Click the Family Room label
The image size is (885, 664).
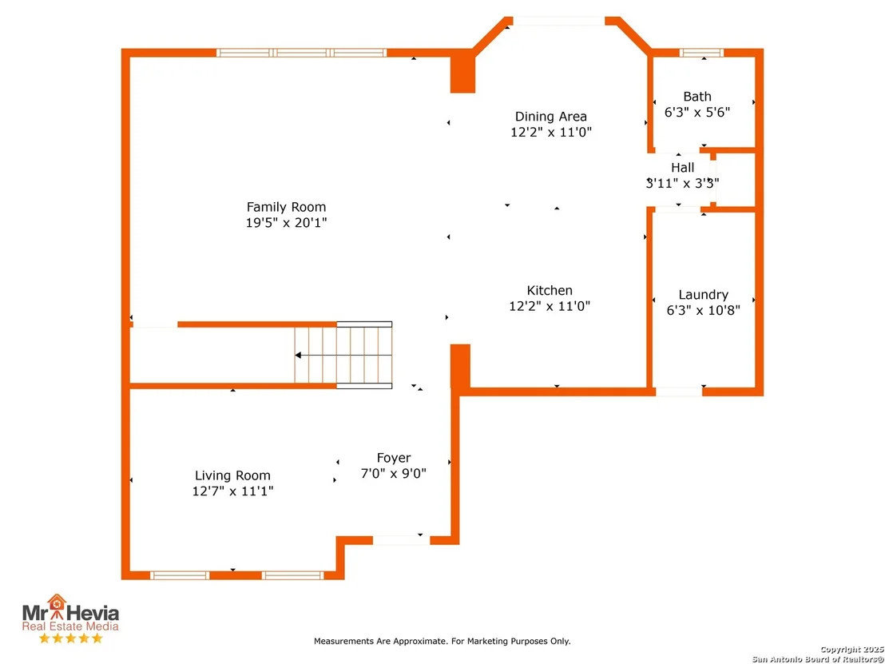286,207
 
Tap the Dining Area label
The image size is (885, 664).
551,117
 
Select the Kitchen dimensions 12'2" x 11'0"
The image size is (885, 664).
550,306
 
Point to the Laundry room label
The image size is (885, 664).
703,295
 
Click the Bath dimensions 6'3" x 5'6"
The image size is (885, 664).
697,112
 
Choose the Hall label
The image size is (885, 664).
682,168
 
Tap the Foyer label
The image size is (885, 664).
394,458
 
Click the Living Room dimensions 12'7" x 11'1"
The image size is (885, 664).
232,491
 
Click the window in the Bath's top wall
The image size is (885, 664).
701,53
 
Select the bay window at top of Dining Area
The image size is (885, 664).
559,21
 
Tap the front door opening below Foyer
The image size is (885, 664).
401,540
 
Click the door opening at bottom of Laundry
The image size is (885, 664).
679,392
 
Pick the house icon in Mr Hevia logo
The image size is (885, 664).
57,604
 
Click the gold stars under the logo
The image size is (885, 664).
70,638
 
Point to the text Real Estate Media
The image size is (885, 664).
70,626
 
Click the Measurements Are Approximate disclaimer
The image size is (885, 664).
442,642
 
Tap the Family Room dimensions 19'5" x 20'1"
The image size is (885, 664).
286,222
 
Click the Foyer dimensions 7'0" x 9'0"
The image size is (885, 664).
394,473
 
